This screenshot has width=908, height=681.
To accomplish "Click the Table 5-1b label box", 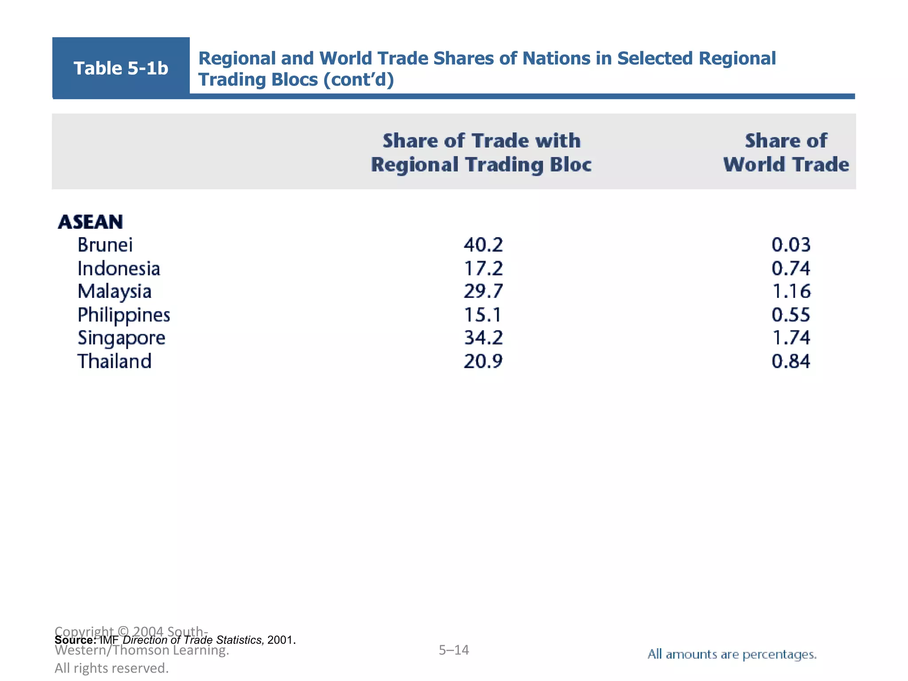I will click(121, 68).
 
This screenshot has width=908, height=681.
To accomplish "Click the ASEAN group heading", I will click(90, 222).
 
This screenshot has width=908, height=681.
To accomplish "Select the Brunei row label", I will click(105, 245).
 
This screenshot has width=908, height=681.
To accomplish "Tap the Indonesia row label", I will click(118, 269).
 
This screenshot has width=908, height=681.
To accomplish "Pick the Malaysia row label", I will click(114, 292).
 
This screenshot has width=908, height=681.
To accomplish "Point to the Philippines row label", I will click(124, 315).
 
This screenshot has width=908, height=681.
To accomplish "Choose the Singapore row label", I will click(121, 338).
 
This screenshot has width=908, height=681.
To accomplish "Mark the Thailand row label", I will click(114, 361).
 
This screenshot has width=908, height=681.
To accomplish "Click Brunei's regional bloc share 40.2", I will click(483, 245).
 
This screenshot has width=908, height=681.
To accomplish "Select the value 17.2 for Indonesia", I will click(483, 269).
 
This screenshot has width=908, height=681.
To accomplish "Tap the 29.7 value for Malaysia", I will click(483, 292).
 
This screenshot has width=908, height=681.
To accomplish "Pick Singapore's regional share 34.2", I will click(483, 338).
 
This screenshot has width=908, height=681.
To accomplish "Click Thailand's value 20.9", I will click(483, 361).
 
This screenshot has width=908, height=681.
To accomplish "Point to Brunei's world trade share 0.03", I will click(791, 245).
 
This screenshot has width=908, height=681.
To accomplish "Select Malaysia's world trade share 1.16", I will click(791, 292).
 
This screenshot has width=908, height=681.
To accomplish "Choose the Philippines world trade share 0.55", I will click(791, 315).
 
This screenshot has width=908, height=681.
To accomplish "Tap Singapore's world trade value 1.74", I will click(791, 338).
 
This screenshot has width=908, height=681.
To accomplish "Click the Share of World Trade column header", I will click(786, 153).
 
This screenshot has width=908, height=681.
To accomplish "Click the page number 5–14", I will click(454, 650).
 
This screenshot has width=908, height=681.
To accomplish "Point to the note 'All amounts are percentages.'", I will click(732, 654).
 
